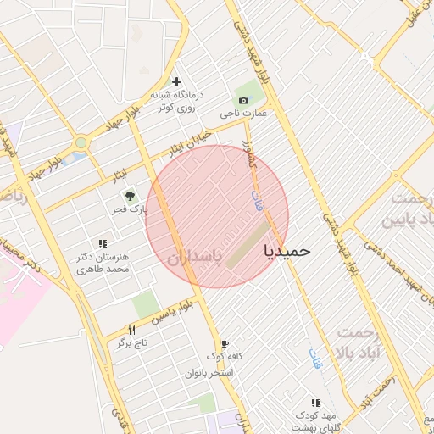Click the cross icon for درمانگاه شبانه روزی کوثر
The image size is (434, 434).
point(176,81)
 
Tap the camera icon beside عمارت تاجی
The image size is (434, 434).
point(244,101)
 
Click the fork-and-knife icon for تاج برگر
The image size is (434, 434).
point(131,330)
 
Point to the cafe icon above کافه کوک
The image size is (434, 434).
point(225,344)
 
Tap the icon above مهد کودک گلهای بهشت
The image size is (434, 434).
point(316,403)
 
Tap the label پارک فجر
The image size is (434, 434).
point(133,209)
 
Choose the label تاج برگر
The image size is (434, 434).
point(132,342)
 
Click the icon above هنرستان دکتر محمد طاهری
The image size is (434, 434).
point(103,243)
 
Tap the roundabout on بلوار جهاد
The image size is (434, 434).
point(81,143)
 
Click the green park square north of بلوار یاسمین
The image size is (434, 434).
point(146,303)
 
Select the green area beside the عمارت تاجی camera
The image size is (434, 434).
point(249,90)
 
